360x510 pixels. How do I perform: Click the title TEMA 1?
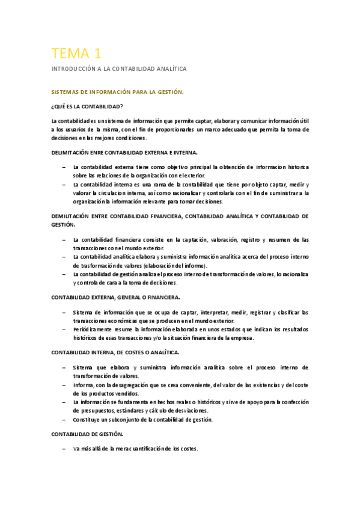pyautogui.click(x=76, y=52)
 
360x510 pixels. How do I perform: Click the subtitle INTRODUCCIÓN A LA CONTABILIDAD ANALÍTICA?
pyautogui.click(x=119, y=69)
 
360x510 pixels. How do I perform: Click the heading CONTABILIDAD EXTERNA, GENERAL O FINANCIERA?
pyautogui.click(x=115, y=297)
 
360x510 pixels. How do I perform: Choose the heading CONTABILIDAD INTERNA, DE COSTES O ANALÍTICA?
pyautogui.click(x=116, y=352)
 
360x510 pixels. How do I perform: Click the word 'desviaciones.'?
pyautogui.click(x=172, y=410)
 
